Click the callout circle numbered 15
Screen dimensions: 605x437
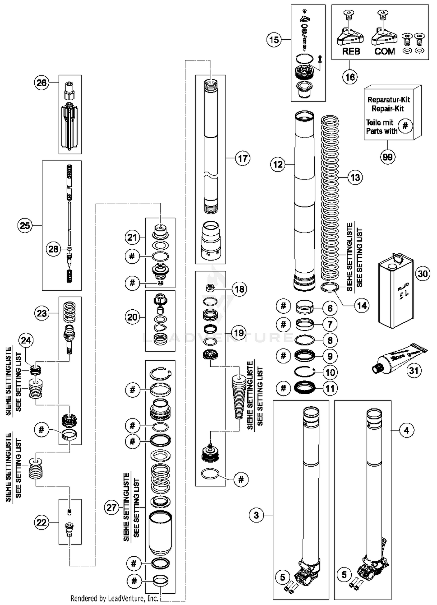coord(274,40)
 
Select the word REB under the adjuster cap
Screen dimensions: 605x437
coord(351,52)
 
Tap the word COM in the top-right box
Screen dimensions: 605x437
coord(384,52)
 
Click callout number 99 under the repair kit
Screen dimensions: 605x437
coord(387,157)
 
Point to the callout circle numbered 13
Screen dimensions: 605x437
coord(355,177)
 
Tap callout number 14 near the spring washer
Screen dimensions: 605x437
coord(362,306)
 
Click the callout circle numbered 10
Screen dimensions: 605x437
coord(330,372)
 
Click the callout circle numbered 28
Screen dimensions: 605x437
coord(53,249)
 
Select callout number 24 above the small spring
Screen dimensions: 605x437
coord(26,340)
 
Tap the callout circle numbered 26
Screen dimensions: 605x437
coord(41,83)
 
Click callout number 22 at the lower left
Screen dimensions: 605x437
coord(41,522)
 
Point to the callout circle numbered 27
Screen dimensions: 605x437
coord(112,508)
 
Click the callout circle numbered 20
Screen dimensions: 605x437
coord(132,317)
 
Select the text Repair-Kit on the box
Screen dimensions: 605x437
coord(387,109)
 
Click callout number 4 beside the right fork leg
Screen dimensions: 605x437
coord(407,430)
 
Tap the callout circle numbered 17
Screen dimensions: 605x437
coord(243,158)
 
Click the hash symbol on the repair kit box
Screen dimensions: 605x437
coord(405,126)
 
